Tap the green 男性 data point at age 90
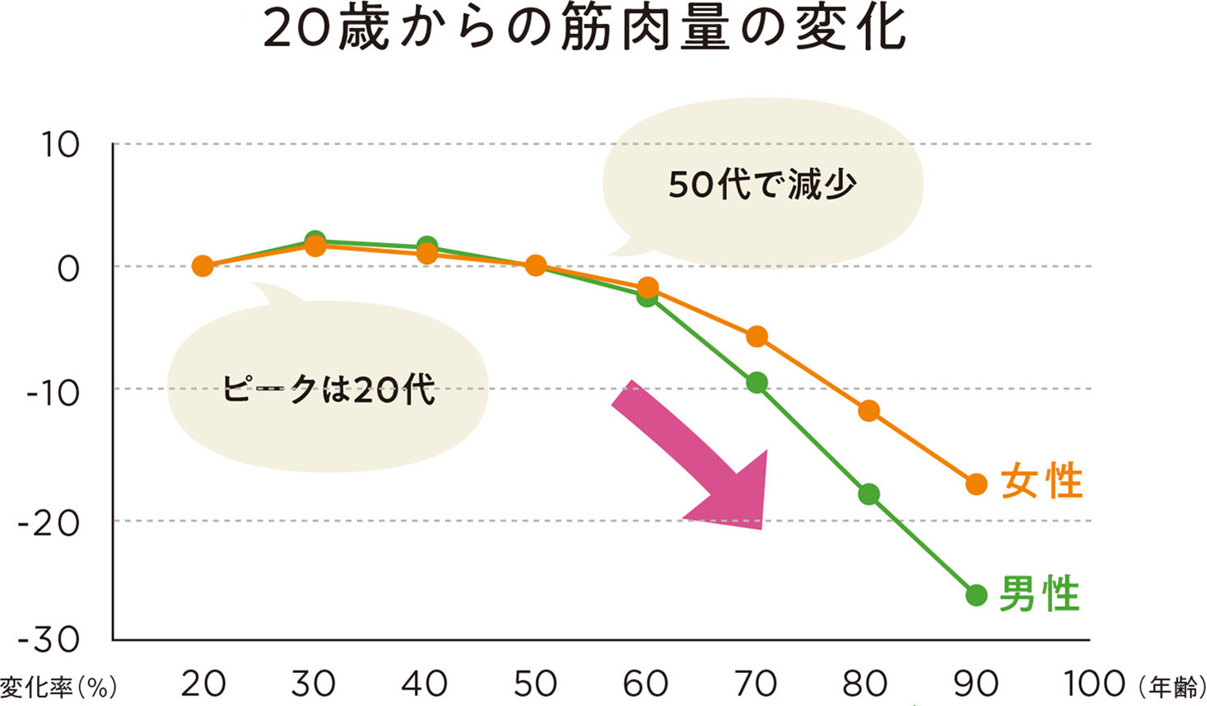976,595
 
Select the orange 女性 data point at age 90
976,484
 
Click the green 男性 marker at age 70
757,382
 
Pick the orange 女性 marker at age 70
757,336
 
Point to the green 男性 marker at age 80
869,494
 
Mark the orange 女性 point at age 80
869,410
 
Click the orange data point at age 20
203,266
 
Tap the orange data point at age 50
536,265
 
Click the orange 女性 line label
1042,482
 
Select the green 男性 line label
1039,594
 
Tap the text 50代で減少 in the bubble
762,185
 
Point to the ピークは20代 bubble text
328,389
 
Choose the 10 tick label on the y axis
60,146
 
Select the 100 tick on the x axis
1094,684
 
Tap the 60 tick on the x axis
645,684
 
